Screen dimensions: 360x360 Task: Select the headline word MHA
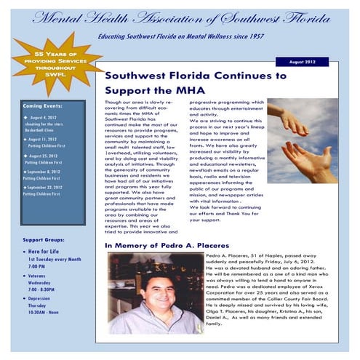[x=184, y=89]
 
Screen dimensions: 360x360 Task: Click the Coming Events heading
[x=43, y=105]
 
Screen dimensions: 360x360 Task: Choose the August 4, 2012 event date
[x=44, y=116]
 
